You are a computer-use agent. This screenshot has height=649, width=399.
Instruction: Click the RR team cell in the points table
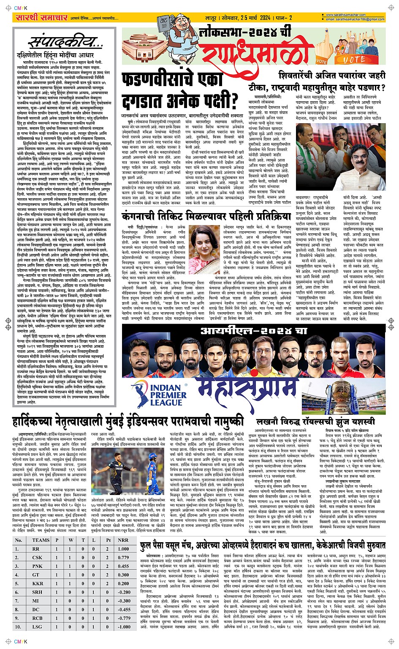[36, 549]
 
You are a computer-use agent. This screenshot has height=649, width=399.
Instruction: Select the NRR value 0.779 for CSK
[124, 557]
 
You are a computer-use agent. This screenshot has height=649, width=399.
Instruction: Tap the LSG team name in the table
[37, 627]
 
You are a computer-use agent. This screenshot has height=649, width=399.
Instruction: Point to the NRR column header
[123, 540]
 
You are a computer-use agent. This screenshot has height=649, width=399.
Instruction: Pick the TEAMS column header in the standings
[41, 540]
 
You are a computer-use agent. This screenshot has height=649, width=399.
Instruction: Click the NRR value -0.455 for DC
[124, 609]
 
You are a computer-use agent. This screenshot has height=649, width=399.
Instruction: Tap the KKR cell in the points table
[38, 584]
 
